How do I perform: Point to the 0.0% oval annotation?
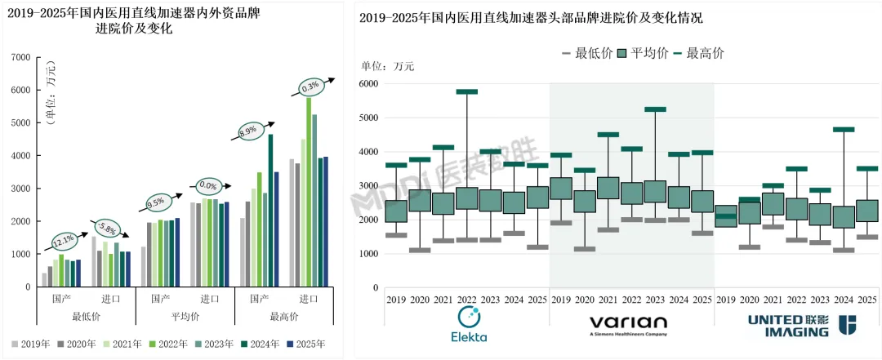click(207, 185)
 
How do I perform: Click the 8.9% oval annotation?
click(247, 130)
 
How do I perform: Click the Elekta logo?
click(469, 326)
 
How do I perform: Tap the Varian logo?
click(628, 326)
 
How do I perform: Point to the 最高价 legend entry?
click(697, 53)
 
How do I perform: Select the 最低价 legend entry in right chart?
click(587, 53)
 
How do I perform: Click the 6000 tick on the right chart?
click(368, 84)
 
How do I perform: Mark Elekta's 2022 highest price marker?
click(466, 91)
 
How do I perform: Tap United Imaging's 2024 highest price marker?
click(844, 129)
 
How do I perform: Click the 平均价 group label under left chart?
click(185, 316)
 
